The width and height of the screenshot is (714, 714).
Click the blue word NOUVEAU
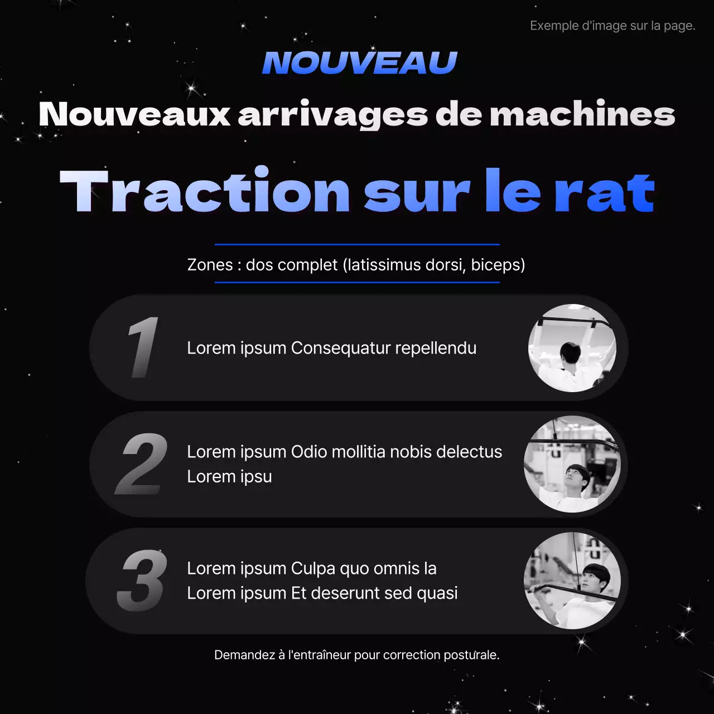pyautogui.click(x=360, y=62)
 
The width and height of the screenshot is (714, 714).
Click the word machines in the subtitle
pyautogui.click(x=582, y=114)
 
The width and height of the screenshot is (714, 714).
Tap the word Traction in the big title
pyautogui.click(x=205, y=191)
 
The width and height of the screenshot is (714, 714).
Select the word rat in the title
pyautogui.click(x=604, y=192)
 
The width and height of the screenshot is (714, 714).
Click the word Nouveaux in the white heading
pyautogui.click(x=134, y=114)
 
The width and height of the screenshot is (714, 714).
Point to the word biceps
pyautogui.click(x=498, y=264)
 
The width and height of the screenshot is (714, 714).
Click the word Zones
pyautogui.click(x=210, y=264)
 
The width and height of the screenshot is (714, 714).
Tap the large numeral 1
pyautogui.click(x=143, y=348)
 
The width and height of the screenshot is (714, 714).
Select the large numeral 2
pyautogui.click(x=142, y=464)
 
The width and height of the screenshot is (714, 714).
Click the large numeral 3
pyautogui.click(x=142, y=581)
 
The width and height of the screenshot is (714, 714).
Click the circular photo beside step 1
pyautogui.click(x=572, y=348)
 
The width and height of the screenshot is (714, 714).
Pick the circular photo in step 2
pyautogui.click(x=572, y=464)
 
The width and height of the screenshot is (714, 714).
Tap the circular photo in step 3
pyautogui.click(x=572, y=581)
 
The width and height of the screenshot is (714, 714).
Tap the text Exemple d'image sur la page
pyautogui.click(x=612, y=26)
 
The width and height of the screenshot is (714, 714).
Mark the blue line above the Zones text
pyautogui.click(x=357, y=244)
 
